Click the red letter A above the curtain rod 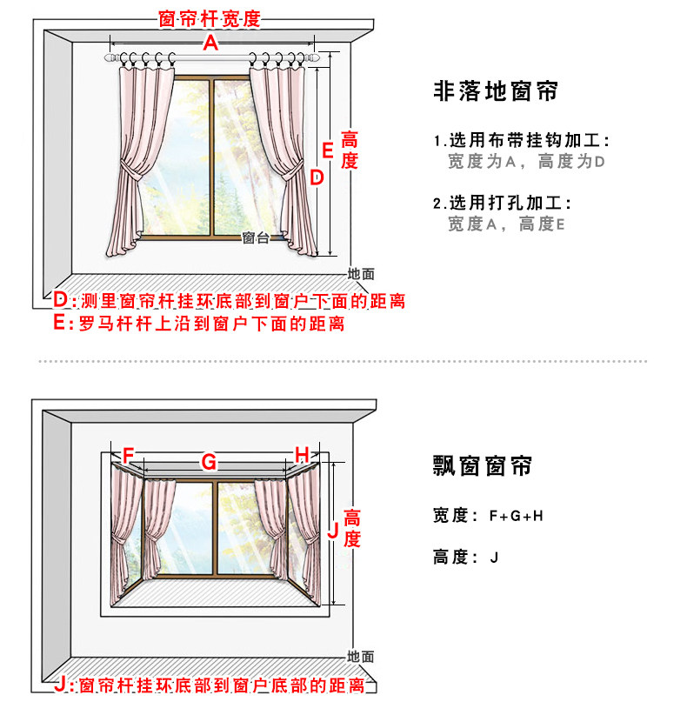point(210,43)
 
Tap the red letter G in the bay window point(209,462)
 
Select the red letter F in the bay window point(129,455)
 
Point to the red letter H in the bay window point(302,454)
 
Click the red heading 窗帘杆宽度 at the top point(210,18)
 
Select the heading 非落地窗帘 point(495,91)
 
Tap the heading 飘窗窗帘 point(482,466)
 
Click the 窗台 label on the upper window point(256,238)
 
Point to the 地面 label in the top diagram point(361,273)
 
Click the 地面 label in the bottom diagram point(360,657)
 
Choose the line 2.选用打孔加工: point(503,204)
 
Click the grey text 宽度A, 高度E point(506,224)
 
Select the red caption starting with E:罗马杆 point(199,324)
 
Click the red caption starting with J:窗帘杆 point(209,686)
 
